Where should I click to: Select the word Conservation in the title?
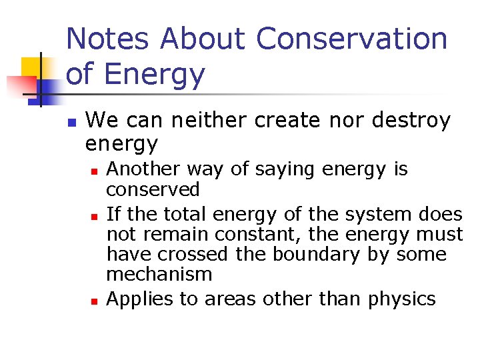[351, 39]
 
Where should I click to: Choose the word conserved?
[153, 190]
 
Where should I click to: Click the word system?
[385, 215]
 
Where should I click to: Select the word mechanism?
[159, 274]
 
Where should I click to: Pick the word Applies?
[135, 300]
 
